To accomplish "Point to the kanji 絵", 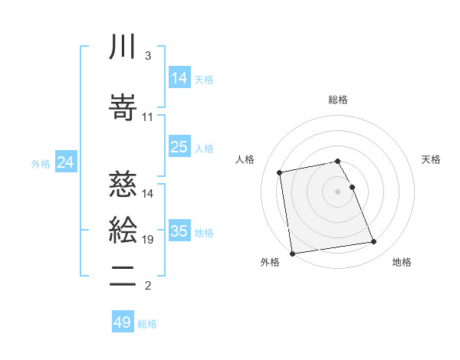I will click(x=123, y=229).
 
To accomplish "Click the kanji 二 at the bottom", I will click(x=123, y=275).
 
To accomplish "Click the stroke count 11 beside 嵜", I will click(x=148, y=116).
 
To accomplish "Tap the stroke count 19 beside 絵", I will click(x=148, y=240).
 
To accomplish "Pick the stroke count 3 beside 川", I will click(x=147, y=56).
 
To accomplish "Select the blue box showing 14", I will click(x=179, y=77).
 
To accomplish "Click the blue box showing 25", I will click(x=179, y=147).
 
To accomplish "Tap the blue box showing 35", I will click(x=179, y=231).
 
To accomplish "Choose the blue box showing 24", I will click(x=66, y=162).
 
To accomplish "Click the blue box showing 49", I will click(x=123, y=322).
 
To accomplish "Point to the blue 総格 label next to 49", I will click(x=148, y=324).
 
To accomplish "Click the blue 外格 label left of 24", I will click(x=41, y=163).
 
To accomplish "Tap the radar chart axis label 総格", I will click(x=338, y=100).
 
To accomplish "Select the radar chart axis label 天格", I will click(x=432, y=159).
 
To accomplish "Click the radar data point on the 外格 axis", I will click(x=292, y=253).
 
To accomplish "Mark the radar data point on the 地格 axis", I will click(x=373, y=243).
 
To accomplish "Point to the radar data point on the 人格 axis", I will click(x=280, y=172).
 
